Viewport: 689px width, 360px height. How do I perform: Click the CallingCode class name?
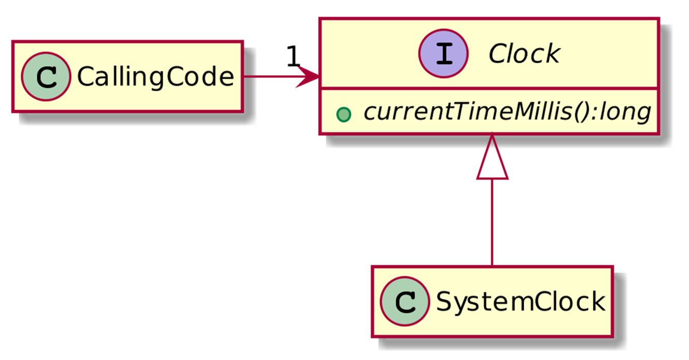point(155,77)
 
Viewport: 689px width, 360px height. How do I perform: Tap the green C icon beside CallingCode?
point(46,77)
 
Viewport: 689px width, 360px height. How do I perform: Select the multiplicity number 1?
point(293,56)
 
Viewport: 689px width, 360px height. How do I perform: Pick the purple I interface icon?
point(443,54)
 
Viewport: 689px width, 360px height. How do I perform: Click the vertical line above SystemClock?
point(492,223)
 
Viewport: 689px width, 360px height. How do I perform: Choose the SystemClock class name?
point(521,301)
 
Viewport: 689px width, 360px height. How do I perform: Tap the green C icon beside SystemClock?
point(405,301)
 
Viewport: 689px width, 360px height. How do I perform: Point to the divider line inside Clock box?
point(489,89)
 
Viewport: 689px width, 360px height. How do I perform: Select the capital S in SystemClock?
point(444,301)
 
